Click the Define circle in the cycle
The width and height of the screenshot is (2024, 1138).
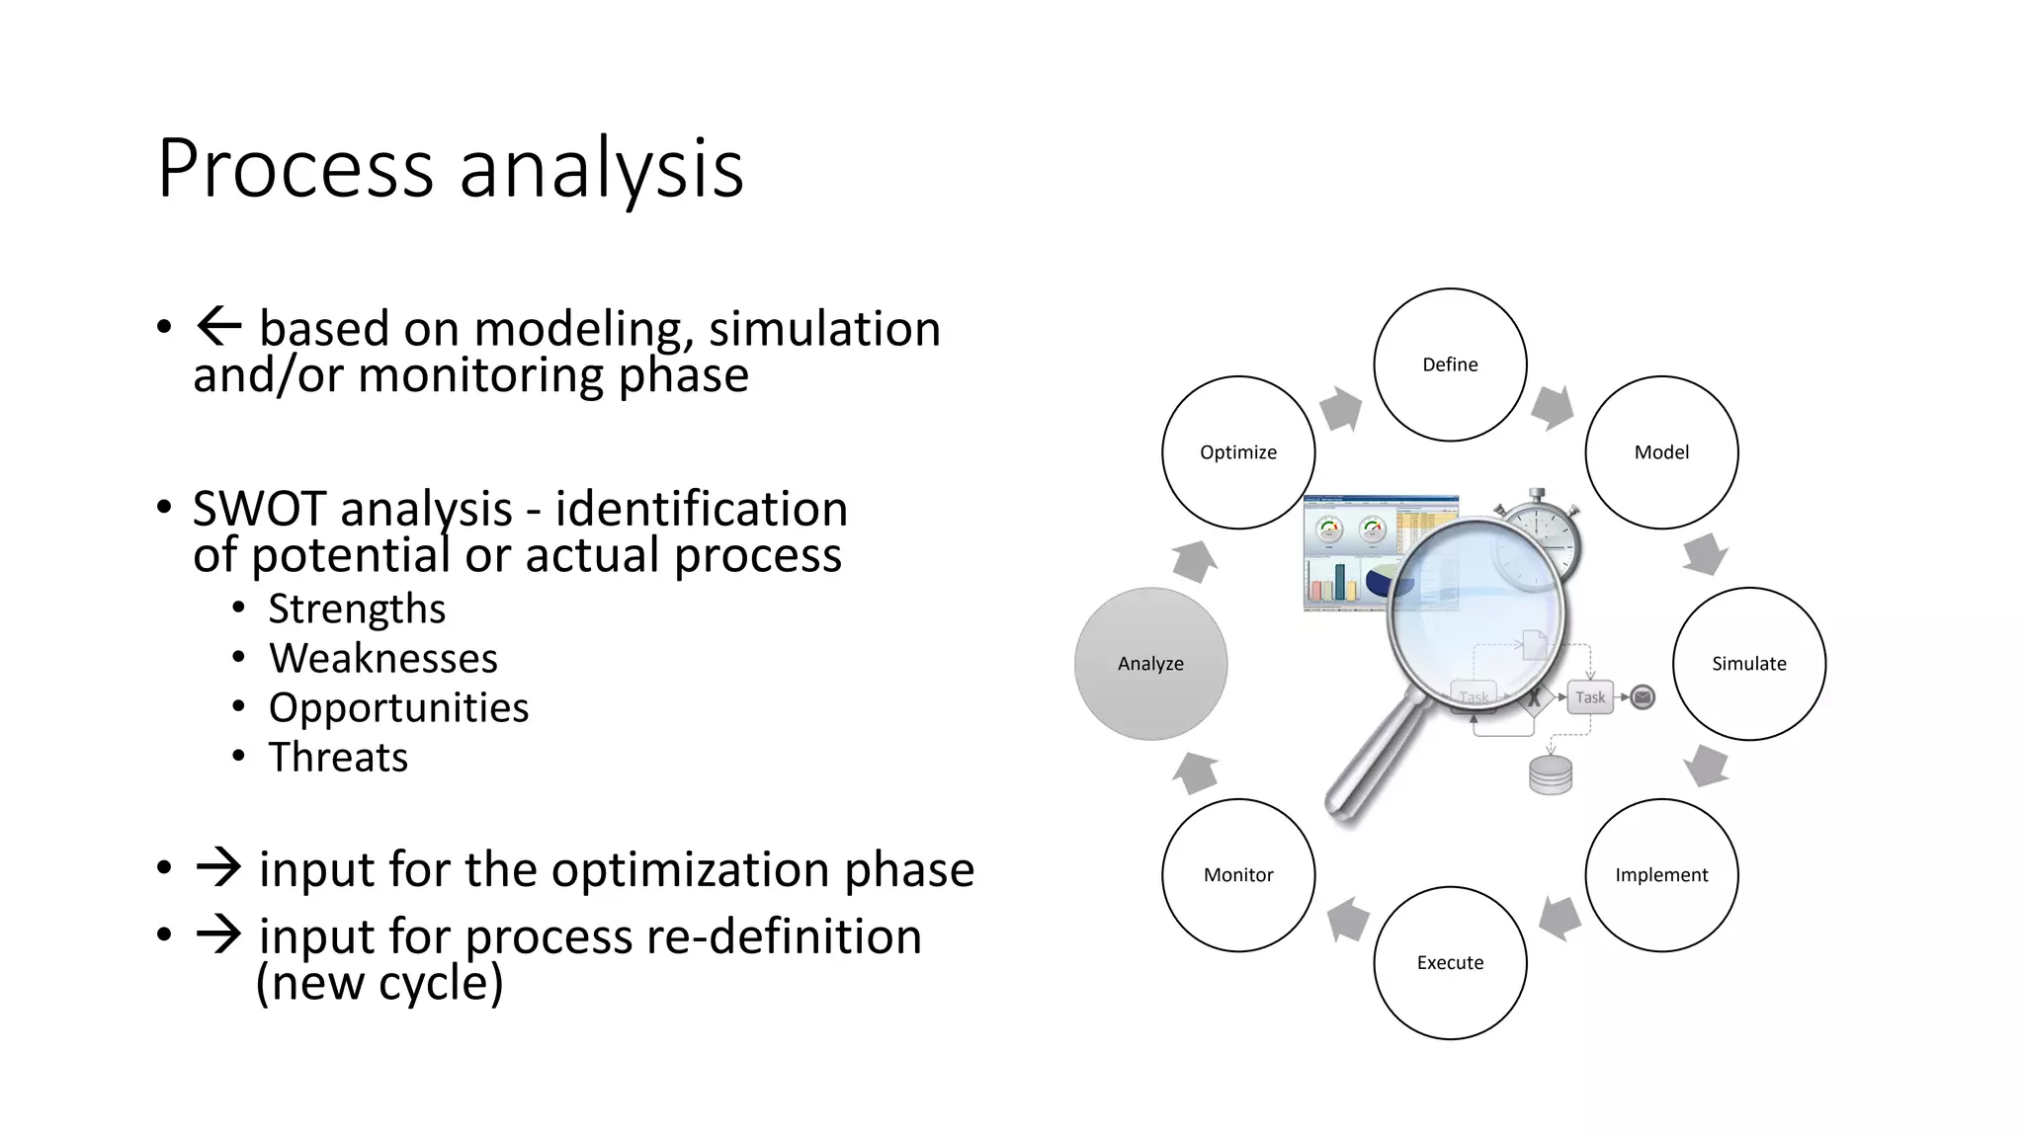1450,365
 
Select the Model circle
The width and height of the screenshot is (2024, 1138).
1661,452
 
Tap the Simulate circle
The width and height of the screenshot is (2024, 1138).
1748,664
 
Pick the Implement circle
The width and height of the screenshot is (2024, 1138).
1661,875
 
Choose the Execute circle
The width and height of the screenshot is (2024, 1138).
1450,963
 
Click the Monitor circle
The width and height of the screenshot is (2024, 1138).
1238,875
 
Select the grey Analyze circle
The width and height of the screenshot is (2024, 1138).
1150,664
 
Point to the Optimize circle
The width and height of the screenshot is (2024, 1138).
1238,452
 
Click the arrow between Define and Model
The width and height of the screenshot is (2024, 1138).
1553,407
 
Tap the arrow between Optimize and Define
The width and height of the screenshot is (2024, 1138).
1341,408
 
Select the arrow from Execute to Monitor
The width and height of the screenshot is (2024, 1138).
1348,920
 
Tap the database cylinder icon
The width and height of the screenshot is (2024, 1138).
1551,775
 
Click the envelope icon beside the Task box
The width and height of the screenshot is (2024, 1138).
1643,697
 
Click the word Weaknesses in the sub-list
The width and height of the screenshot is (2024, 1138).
383,659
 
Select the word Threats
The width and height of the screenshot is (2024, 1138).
338,758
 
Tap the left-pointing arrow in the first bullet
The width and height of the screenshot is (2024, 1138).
218,326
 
